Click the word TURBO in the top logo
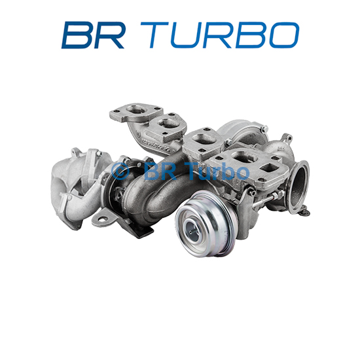[220, 35]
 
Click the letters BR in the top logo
[93, 35]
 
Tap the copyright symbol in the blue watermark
[120, 171]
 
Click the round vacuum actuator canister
[205, 224]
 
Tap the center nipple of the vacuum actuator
[191, 232]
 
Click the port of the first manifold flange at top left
[137, 109]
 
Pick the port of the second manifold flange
[168, 124]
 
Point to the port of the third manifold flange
[204, 139]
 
